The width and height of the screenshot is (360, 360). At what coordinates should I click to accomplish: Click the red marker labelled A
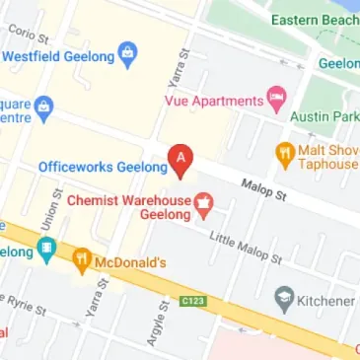180,160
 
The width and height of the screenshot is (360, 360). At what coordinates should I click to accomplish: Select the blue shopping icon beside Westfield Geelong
126,54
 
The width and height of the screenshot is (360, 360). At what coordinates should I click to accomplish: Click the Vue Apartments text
212,100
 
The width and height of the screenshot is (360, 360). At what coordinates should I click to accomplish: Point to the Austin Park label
324,116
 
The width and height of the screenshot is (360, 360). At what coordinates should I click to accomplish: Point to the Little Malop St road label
245,247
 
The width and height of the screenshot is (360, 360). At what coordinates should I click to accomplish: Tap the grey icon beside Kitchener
286,298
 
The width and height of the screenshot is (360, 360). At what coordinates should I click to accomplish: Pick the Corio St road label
29,35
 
